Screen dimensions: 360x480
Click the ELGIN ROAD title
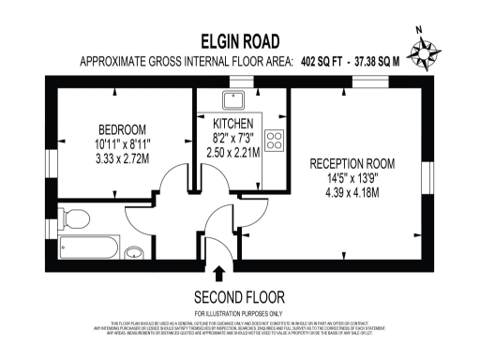coord(240,41)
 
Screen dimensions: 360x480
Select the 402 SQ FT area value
coord(322,63)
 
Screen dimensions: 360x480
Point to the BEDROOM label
coord(124,128)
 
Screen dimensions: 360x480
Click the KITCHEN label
coord(232,123)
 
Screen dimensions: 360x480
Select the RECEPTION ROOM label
coord(352,162)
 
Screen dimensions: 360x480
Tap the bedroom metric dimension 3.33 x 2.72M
coord(124,157)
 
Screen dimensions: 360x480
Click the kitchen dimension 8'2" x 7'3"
coord(232,137)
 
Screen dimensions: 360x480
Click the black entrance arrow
coord(219,274)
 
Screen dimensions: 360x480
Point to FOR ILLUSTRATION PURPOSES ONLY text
coord(239,312)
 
